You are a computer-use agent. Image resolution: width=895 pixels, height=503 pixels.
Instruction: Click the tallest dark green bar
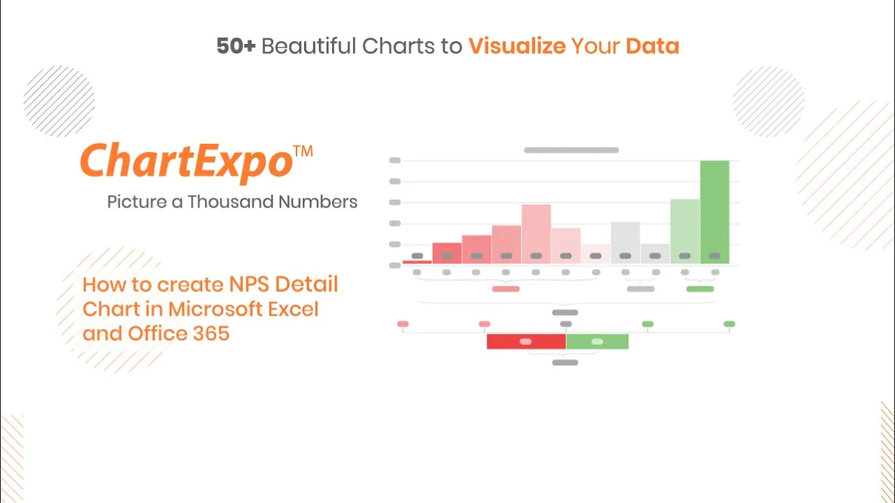tap(715, 212)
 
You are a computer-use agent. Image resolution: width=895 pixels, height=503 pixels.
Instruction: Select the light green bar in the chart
tap(685, 231)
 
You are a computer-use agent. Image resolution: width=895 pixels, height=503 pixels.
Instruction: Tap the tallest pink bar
tap(536, 234)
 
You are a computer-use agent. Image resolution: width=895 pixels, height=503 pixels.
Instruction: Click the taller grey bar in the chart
tap(625, 242)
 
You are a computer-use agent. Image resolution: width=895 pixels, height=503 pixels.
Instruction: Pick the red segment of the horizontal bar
tap(527, 342)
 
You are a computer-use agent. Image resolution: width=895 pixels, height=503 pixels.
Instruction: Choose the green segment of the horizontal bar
tap(597, 342)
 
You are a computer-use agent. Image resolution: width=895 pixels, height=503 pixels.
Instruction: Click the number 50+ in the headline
tap(236, 46)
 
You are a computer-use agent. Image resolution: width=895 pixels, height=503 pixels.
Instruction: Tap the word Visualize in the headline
tap(517, 46)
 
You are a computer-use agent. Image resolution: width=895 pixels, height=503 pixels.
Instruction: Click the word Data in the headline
tap(652, 46)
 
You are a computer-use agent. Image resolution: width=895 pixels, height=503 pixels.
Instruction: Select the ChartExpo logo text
tap(187, 161)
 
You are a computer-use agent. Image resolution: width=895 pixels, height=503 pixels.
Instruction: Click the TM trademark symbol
tap(303, 152)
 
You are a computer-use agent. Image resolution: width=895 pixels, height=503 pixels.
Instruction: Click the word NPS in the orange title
tap(250, 284)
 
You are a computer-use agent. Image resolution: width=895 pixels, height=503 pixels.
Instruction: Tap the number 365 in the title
tap(211, 333)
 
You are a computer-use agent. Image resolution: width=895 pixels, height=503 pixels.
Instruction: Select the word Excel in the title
tap(293, 309)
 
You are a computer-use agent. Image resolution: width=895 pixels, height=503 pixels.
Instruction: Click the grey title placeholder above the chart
tap(571, 150)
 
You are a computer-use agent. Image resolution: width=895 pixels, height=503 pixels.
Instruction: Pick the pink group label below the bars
tap(506, 289)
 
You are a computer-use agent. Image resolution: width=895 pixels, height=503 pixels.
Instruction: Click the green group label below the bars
tap(700, 289)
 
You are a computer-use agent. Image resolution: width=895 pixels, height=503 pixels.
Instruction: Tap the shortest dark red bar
tap(417, 262)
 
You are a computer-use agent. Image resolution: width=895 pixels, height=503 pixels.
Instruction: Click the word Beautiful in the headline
tap(308, 46)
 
